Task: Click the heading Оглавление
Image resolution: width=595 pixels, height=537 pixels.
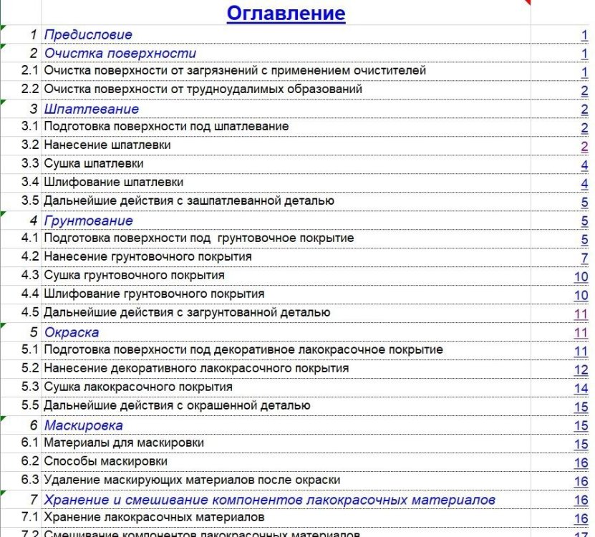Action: [286, 13]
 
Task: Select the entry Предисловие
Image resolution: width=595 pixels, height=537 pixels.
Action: [88, 34]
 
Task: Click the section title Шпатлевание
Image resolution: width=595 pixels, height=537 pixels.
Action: [92, 109]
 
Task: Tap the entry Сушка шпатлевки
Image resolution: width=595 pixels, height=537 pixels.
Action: [94, 164]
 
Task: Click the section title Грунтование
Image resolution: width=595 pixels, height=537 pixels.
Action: [89, 221]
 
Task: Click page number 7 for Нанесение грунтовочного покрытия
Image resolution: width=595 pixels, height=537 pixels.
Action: [584, 258]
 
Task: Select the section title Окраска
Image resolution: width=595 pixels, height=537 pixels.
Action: [72, 332]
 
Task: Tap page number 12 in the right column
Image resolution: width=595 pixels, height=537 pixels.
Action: [581, 369]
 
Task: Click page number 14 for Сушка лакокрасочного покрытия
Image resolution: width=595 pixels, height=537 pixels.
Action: [581, 388]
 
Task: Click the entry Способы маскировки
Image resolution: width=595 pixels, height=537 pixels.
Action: [106, 462]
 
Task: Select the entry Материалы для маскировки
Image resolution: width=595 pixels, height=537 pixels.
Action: [124, 443]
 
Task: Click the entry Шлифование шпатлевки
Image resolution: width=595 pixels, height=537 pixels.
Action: [114, 183]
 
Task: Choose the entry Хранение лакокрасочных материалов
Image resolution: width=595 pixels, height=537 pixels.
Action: [155, 518]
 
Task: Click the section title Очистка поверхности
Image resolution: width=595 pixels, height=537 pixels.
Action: [120, 53]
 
